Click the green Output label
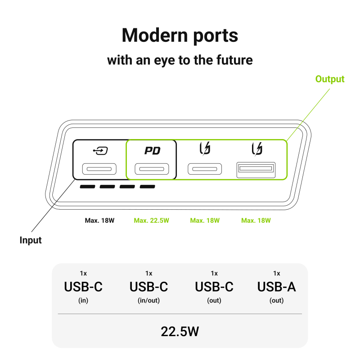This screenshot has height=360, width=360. pos(329,79)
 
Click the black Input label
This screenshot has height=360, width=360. pos(31,240)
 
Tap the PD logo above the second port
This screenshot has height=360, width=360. pos(152,151)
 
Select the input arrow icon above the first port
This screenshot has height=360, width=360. pos(99,151)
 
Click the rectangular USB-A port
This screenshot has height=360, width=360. pos(256,169)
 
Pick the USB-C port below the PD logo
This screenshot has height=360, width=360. pos(152,170)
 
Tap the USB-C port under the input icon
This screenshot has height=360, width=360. pos(99,170)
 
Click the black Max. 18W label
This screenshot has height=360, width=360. pos(99,220)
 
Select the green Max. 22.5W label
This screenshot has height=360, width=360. pos(151,220)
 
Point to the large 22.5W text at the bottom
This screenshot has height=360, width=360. pos(180,332)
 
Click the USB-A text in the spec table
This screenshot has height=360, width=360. pos(276,287)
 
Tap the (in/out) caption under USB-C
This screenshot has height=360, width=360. pos(148,301)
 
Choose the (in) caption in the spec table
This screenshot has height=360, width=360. pos(83,301)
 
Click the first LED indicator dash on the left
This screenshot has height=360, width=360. pos(87,187)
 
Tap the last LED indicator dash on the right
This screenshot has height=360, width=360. pos(147,187)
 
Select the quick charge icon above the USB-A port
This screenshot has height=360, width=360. pos(257,148)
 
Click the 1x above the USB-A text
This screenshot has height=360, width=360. pos(276,273)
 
